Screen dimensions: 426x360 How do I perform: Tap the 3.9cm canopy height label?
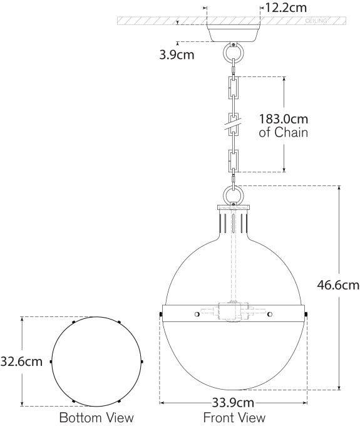pyautogui.click(x=176, y=54)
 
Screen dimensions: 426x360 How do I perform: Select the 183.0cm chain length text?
pyautogui.click(x=284, y=119)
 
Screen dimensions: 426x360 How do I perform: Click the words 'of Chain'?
pyautogui.click(x=283, y=133)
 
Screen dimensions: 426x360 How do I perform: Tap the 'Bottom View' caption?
pyautogui.click(x=96, y=417)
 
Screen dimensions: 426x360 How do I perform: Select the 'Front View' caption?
pyautogui.click(x=234, y=417)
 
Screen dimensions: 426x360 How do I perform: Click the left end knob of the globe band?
pyautogui.click(x=161, y=313)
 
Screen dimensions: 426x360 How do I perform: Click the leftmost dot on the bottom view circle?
pyautogui.click(x=51, y=361)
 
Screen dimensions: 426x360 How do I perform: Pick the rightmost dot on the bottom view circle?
pyautogui.click(x=143, y=361)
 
